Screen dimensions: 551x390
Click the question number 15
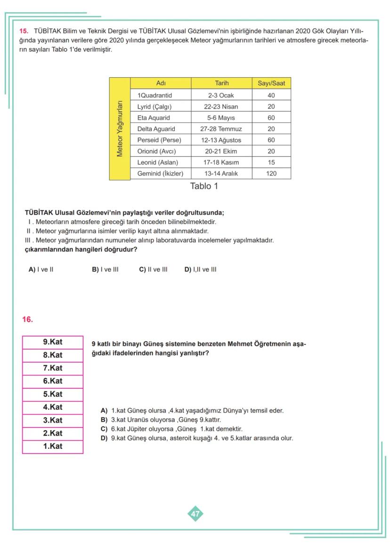pos(23,31)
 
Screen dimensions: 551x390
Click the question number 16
pos(27,319)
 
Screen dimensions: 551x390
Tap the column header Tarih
pos(221,83)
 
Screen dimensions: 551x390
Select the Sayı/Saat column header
pos(271,83)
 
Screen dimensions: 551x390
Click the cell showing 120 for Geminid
pos(271,174)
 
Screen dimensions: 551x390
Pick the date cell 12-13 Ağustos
pos(221,140)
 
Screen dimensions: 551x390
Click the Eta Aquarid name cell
pos(154,118)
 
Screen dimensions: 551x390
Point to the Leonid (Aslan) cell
pos(157,162)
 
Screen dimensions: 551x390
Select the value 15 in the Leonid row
pos(271,162)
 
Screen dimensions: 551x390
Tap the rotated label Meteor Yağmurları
pos(120,128)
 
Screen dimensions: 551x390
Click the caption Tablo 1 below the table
pos(204,186)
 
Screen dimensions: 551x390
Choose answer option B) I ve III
pos(105,270)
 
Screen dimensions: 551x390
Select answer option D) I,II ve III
pos(200,270)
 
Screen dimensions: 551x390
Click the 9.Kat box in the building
pos(53,342)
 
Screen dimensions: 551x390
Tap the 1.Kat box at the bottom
pos(53,446)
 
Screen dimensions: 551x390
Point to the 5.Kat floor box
pos(53,394)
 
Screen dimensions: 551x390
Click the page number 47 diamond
pos(195,514)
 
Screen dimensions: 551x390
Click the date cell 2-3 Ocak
pos(221,96)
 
